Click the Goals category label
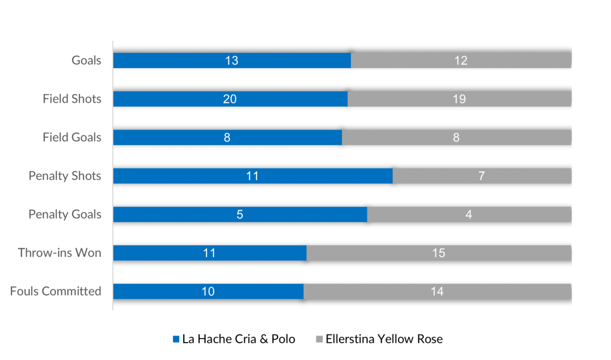tap(87, 60)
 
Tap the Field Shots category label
tap(72, 99)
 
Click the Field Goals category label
tap(72, 137)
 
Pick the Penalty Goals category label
tap(65, 214)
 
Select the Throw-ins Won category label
tap(60, 253)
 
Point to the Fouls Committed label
tap(55, 291)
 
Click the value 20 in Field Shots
tap(230, 99)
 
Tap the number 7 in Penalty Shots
tap(482, 176)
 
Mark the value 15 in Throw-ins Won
tap(439, 253)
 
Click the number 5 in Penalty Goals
tap(240, 214)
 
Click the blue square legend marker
tap(176, 339)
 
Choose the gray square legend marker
tap(319, 339)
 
